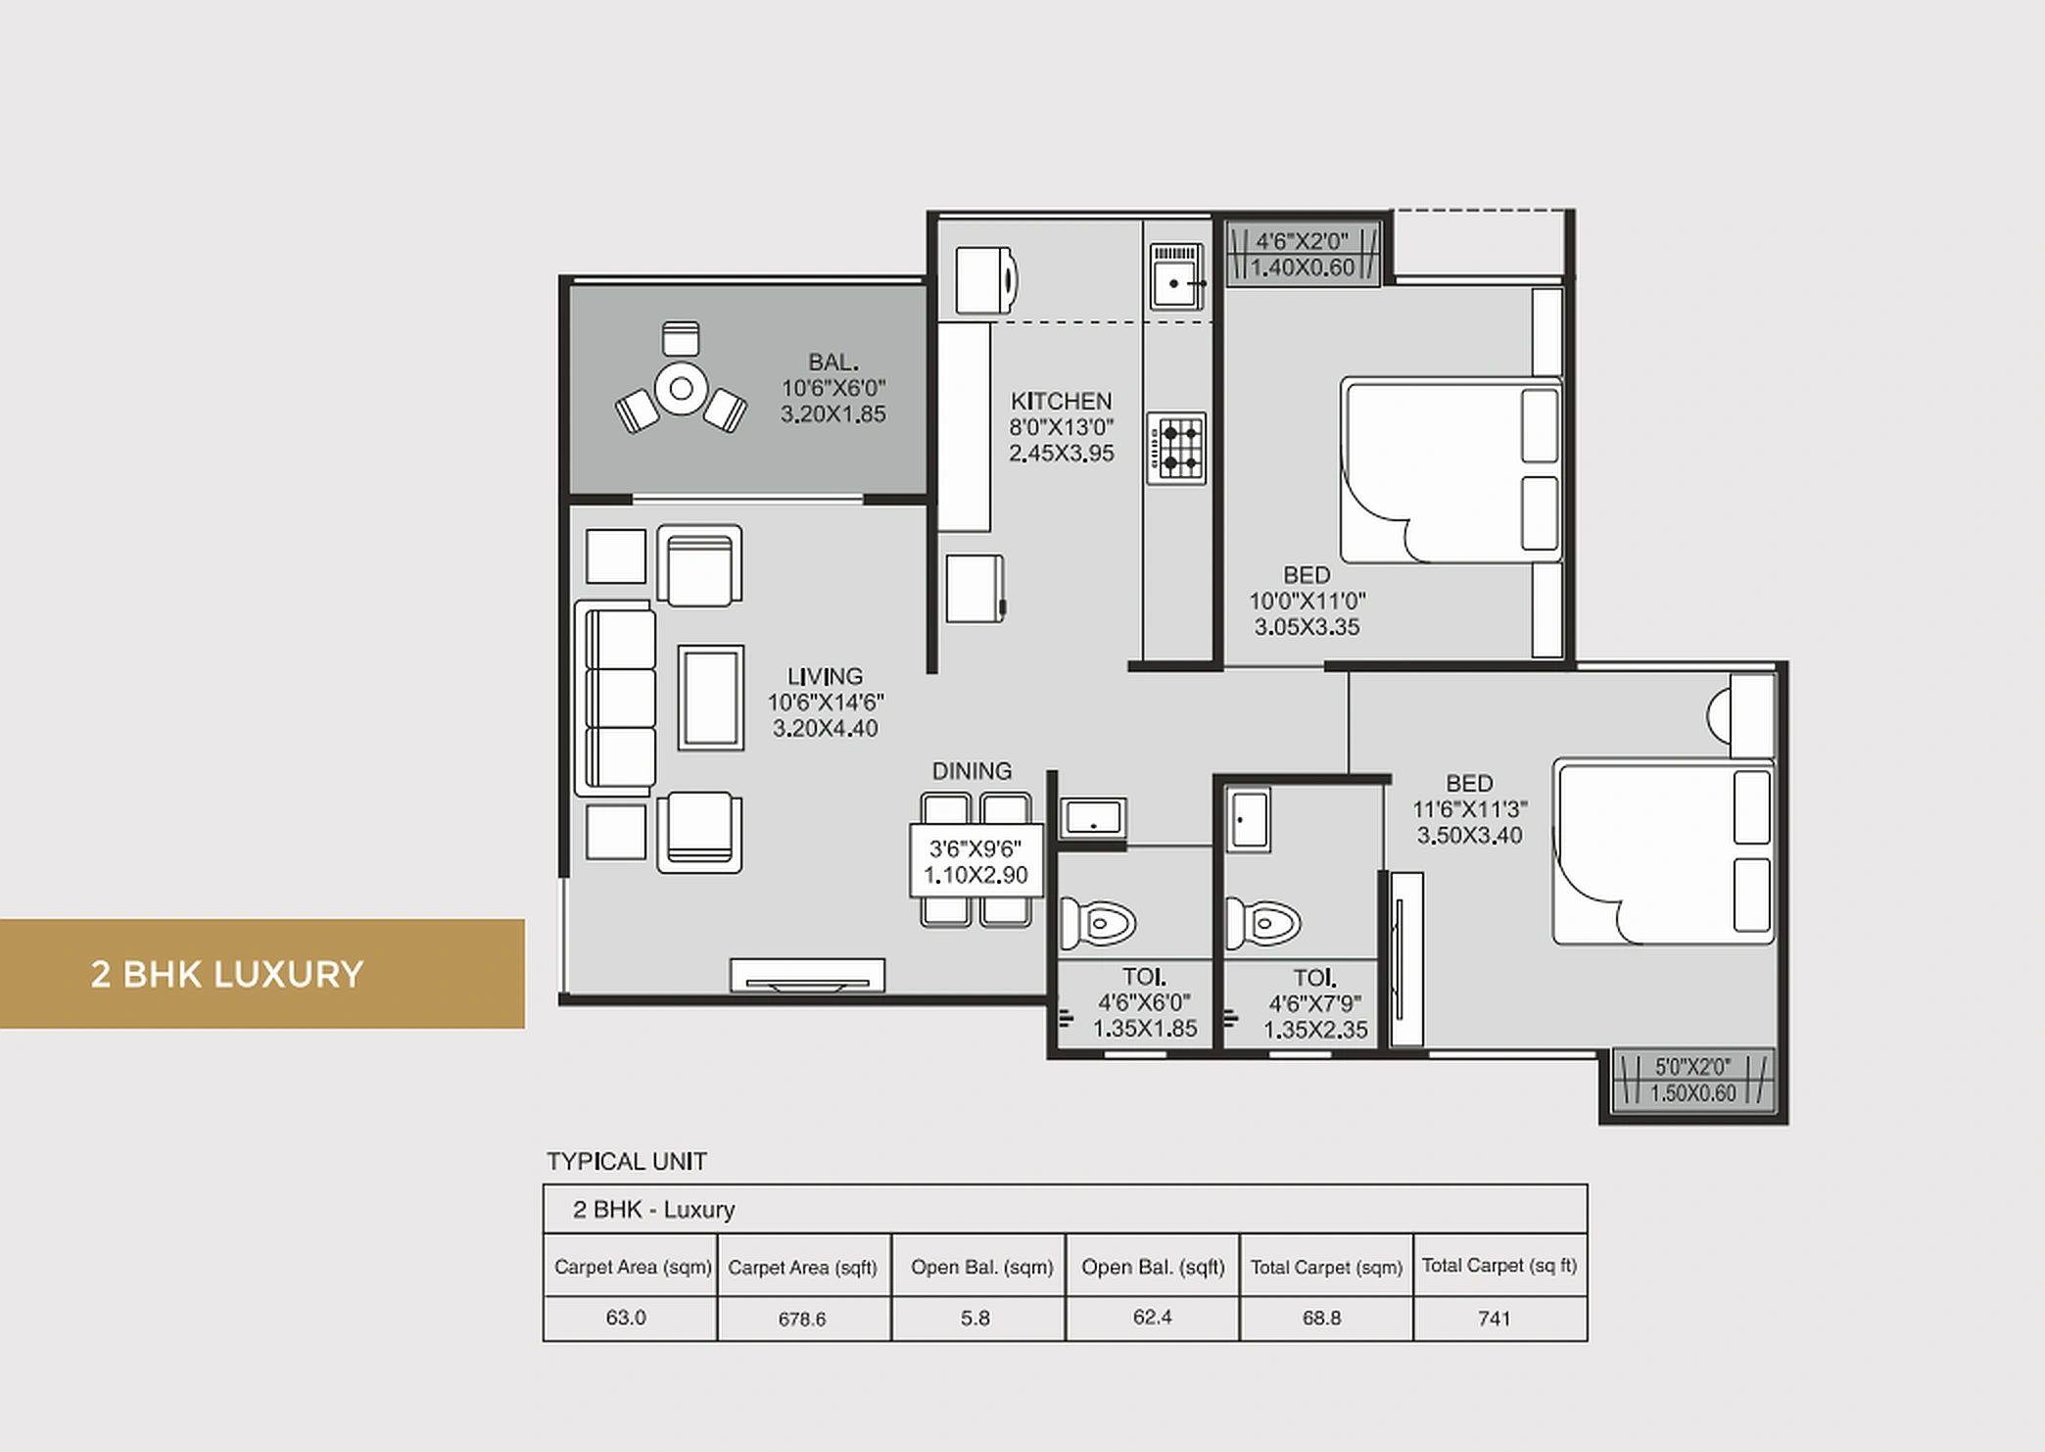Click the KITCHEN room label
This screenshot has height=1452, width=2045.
(1061, 402)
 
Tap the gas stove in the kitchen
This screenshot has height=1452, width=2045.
(1176, 448)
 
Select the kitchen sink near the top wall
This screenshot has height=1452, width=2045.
(1175, 277)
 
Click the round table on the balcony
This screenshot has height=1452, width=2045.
(681, 389)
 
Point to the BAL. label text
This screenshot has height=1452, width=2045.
(832, 363)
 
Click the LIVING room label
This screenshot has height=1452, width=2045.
(825, 677)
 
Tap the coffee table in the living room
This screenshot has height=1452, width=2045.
(710, 698)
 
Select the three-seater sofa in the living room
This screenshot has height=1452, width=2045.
(617, 698)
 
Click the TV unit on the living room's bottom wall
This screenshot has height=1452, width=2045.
(807, 976)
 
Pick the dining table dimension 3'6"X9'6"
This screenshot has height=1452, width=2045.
(975, 848)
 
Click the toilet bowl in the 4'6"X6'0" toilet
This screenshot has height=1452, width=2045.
(1099, 923)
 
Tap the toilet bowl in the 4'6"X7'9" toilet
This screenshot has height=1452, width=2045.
(1264, 923)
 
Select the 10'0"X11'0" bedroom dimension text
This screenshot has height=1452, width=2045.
(1307, 601)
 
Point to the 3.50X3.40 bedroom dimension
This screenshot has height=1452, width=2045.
(1469, 836)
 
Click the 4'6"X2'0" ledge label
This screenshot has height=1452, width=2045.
(1302, 241)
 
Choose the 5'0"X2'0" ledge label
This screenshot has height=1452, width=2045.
(1692, 1067)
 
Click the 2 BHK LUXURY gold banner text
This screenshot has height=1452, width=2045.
(227, 975)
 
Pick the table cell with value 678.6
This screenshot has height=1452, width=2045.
(802, 1319)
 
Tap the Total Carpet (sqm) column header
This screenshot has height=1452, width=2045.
(1326, 1267)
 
